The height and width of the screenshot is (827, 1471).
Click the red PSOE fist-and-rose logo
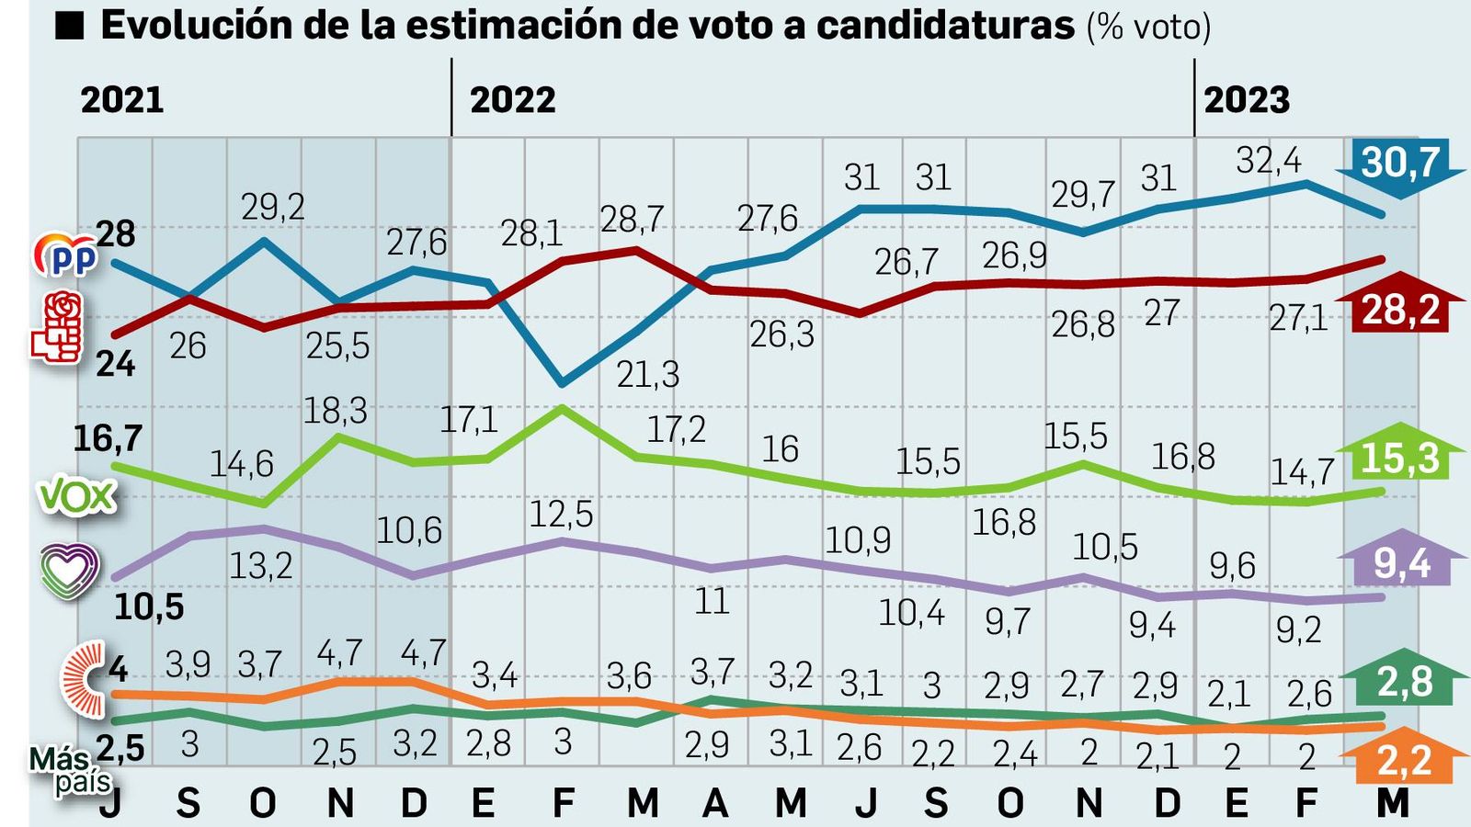[57, 328]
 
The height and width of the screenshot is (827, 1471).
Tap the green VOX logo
[77, 497]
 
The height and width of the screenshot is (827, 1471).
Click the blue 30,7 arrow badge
[1399, 165]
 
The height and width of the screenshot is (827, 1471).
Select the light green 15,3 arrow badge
[1399, 456]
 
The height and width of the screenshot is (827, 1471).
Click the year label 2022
[512, 99]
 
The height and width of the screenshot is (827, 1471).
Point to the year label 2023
[1246, 99]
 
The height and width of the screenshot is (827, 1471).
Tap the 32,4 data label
[1268, 161]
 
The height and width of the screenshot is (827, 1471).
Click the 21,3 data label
[647, 374]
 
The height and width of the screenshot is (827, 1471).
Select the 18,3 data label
[335, 411]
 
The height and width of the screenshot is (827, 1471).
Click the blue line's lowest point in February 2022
[563, 383]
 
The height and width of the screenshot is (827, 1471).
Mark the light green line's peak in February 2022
[563, 407]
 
